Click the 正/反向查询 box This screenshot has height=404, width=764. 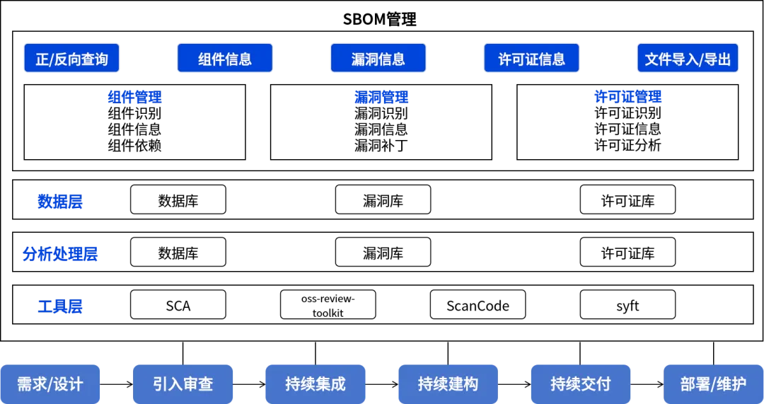pyautogui.click(x=73, y=59)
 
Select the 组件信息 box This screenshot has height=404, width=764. pyautogui.click(x=225, y=59)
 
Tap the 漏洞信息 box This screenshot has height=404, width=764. pyautogui.click(x=378, y=59)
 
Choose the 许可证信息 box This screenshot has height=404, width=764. pyautogui.click(x=531, y=59)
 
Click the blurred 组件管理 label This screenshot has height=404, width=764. pyautogui.click(x=135, y=98)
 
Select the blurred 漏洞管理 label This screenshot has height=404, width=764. pyautogui.click(x=382, y=98)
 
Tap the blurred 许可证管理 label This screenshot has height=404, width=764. pyautogui.click(x=628, y=98)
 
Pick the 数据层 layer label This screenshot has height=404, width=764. pyautogui.click(x=59, y=202)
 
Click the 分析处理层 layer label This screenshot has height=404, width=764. pyautogui.click(x=60, y=255)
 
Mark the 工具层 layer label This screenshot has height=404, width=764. pyautogui.click(x=59, y=307)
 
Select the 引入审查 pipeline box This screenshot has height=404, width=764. pyautogui.click(x=183, y=384)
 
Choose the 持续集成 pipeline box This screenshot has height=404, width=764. pyautogui.click(x=316, y=384)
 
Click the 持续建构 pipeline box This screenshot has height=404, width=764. pyautogui.click(x=448, y=384)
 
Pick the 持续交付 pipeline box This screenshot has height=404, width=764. pyautogui.click(x=580, y=384)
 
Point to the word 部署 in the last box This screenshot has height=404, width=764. pyautogui.click(x=694, y=384)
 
